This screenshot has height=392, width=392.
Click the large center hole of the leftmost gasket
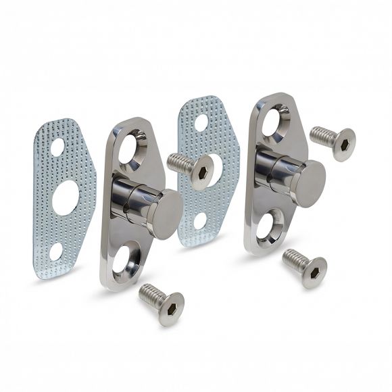(66, 195)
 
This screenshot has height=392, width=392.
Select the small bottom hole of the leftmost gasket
(56, 251)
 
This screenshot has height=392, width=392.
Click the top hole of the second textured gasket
(201, 122)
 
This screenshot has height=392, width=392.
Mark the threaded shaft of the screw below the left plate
(149, 294)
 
